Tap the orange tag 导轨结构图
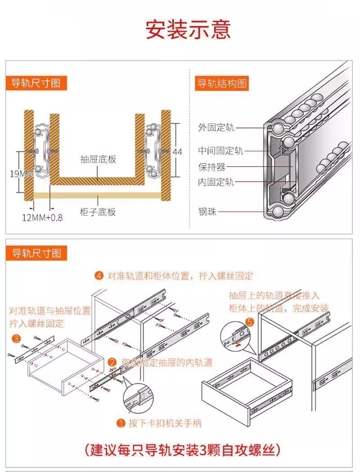(x=221, y=84)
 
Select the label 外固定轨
(x=216, y=128)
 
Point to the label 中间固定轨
(x=220, y=151)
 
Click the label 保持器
(x=211, y=167)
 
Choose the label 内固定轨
(x=216, y=182)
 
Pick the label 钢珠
(x=207, y=211)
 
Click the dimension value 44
(x=177, y=152)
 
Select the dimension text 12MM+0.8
(x=43, y=218)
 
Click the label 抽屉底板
(x=98, y=159)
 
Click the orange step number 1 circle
(x=121, y=423)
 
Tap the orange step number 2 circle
(x=112, y=362)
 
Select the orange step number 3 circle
(x=16, y=338)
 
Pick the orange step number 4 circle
(x=99, y=276)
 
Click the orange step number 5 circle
(x=250, y=322)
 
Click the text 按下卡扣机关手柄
(x=165, y=423)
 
